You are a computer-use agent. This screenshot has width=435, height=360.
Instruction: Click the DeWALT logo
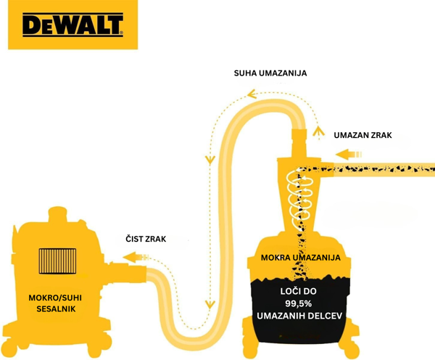tap(72, 25)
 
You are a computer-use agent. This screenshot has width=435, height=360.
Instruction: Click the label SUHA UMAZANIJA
tap(270, 73)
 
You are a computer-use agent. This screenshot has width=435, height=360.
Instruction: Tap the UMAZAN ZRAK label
tap(362, 135)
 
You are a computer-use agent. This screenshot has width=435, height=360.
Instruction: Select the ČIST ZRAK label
tap(146, 239)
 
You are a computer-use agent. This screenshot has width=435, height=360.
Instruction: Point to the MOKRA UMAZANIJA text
tap(300, 258)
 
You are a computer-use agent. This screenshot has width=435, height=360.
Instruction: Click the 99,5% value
tap(299, 303)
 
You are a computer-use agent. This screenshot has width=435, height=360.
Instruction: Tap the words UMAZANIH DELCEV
tap(299, 316)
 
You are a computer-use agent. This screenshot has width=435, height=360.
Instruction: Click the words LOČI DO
tap(298, 291)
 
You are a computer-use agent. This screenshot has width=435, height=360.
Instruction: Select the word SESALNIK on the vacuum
tap(56, 309)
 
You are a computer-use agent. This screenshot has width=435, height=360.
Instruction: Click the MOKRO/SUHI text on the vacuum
tap(55, 298)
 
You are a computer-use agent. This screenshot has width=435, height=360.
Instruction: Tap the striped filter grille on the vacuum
tap(57, 261)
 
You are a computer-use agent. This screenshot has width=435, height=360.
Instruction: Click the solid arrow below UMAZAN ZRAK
tap(349, 155)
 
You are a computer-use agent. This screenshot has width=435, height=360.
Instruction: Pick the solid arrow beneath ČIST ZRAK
tap(136, 257)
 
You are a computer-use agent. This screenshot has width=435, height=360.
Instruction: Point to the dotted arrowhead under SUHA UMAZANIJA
tap(252, 94)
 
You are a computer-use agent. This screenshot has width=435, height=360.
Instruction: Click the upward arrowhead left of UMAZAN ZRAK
tap(318, 131)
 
